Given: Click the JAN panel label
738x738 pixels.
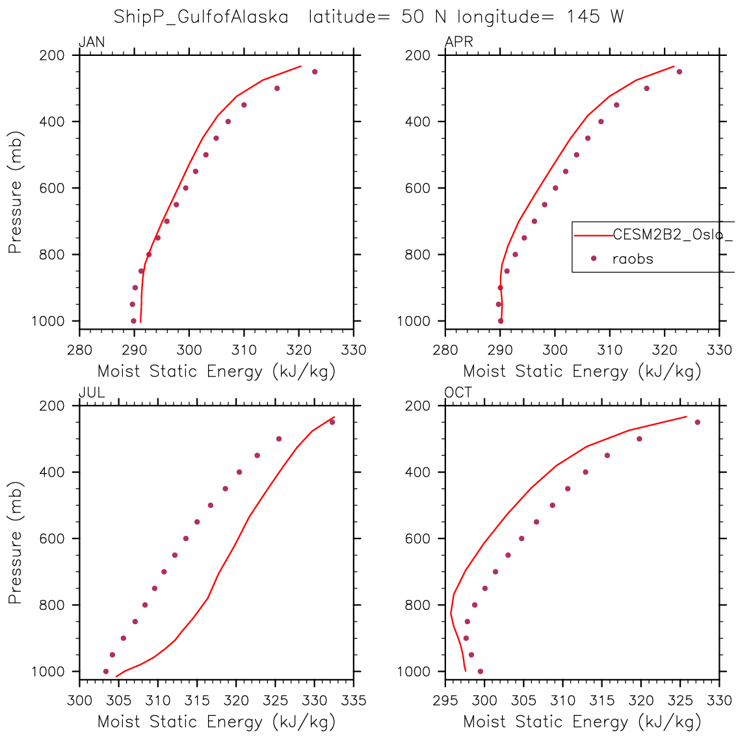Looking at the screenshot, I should click(x=92, y=43).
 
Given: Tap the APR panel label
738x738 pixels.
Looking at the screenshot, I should click(x=458, y=43).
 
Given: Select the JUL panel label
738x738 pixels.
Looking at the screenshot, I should click(x=92, y=393).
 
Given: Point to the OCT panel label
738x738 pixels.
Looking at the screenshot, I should click(x=458, y=393).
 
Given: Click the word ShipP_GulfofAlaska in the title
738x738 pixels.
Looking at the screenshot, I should click(x=201, y=17).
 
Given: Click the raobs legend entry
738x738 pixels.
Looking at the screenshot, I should click(x=633, y=259).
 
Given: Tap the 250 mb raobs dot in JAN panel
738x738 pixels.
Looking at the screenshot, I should click(x=315, y=72).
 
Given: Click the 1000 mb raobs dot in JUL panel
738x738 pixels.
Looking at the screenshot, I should click(x=106, y=671).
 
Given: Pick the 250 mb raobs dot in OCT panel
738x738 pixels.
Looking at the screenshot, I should click(x=697, y=422).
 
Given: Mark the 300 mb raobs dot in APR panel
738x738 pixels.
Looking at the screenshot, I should click(x=646, y=88).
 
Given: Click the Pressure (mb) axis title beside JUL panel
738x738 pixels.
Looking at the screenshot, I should click(x=16, y=542).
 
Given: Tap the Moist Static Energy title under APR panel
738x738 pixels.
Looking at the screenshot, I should click(x=582, y=372).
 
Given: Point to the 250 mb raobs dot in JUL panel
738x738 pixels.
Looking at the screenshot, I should click(x=332, y=422).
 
